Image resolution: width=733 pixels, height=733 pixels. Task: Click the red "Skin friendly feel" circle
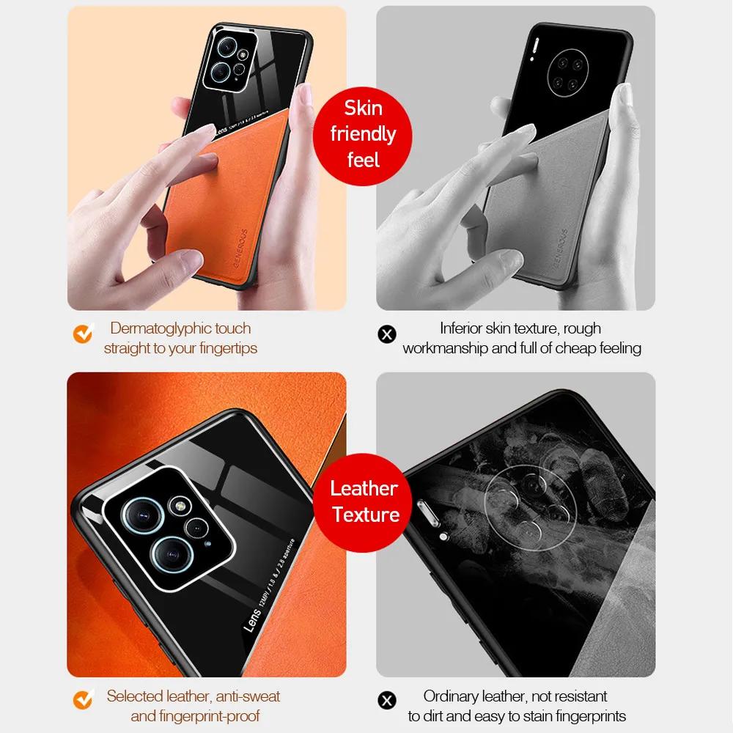363,134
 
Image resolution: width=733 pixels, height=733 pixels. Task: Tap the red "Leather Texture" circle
364,501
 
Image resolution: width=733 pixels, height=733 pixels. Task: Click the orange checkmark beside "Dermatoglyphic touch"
83,334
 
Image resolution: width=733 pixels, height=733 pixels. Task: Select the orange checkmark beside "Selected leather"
83,701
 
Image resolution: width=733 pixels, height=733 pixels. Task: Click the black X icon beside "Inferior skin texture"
386,334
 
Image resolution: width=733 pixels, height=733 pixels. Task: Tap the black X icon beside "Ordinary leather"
386,701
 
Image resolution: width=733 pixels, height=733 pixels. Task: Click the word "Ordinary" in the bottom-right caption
455,696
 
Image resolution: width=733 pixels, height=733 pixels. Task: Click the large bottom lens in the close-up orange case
168,555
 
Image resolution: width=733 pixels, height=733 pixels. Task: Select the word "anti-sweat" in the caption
244,696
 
